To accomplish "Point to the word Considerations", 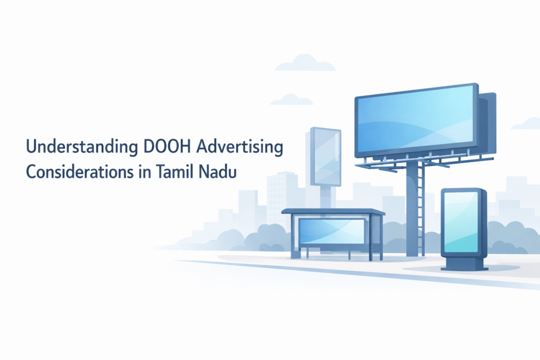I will (x=81, y=172).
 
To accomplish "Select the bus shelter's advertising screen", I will (x=332, y=231).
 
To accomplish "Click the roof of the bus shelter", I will (x=333, y=211).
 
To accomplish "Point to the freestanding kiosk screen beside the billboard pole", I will (x=461, y=221).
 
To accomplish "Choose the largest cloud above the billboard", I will (x=305, y=64).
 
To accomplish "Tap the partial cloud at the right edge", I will (x=527, y=124).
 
